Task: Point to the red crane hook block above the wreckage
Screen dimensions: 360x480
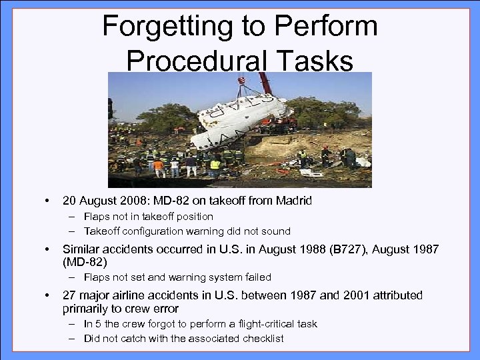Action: coord(241,83)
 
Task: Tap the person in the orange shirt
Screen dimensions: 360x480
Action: coord(159,166)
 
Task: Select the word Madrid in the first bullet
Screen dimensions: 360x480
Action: coord(293,201)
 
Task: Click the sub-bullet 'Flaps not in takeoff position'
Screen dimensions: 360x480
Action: coord(148,217)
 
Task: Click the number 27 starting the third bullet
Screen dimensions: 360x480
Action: coord(69,295)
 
